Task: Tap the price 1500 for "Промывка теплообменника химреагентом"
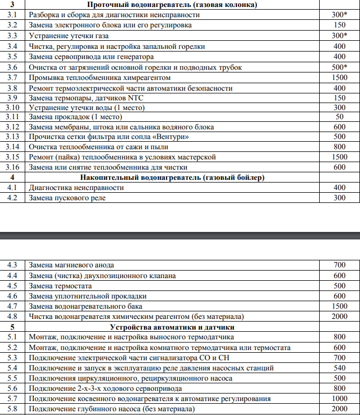[339, 77]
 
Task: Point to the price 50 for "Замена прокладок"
[339, 117]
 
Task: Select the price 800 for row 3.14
[339, 147]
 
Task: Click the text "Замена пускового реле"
[67, 198]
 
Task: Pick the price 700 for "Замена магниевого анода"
[339, 265]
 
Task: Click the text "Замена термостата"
[61, 286]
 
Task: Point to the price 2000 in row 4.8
[339, 317]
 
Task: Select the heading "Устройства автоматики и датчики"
[172, 327]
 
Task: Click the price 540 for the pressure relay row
[339, 368]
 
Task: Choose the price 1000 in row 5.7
[339, 399]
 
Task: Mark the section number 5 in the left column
[13, 327]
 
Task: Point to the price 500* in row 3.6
[339, 67]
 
